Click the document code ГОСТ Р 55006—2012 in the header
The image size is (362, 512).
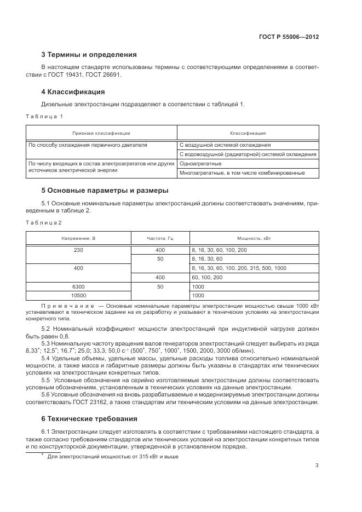(x=289, y=37)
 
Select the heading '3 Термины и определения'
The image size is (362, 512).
(x=89, y=55)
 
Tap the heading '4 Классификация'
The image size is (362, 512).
(x=73, y=91)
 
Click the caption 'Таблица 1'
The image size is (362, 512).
(x=45, y=117)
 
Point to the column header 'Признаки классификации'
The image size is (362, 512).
(x=101, y=133)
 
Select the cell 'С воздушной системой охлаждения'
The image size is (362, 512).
(x=225, y=145)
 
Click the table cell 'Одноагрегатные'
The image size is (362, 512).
(x=200, y=164)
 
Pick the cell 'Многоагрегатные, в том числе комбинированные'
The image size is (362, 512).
(x=242, y=173)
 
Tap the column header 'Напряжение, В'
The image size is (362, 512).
(x=78, y=239)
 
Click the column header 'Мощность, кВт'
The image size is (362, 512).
(x=253, y=239)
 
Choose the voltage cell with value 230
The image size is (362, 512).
(x=78, y=250)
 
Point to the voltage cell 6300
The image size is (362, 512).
(x=78, y=286)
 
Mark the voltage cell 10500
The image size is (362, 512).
(x=78, y=295)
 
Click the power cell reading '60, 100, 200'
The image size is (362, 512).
(x=207, y=277)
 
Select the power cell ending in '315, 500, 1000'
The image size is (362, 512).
(x=239, y=268)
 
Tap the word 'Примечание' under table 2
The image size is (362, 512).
(x=65, y=305)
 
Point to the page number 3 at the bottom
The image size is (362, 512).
(x=317, y=465)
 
